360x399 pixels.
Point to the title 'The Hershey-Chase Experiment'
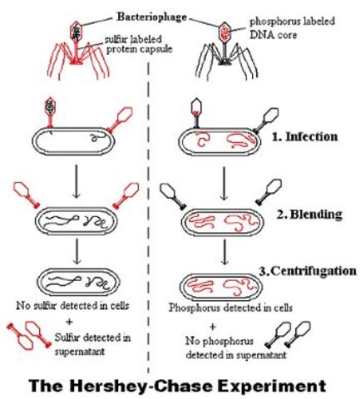click(179, 385)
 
